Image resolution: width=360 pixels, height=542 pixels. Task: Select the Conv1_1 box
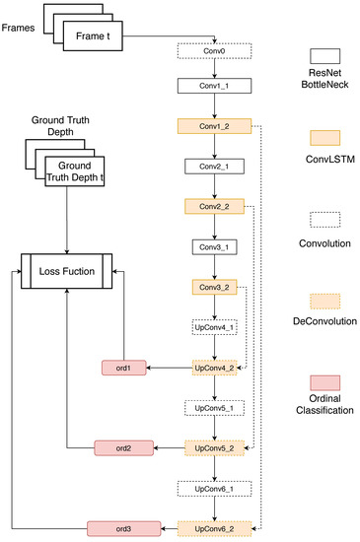pos(214,87)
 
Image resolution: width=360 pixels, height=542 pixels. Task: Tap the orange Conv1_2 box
pos(214,127)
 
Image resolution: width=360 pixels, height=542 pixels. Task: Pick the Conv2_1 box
pos(214,168)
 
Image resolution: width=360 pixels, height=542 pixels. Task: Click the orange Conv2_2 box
pos(214,207)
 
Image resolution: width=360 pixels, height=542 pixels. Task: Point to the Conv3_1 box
pos(214,247)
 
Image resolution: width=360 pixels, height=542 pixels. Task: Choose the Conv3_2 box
pos(214,287)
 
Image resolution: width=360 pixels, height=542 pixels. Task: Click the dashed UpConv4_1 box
pos(214,327)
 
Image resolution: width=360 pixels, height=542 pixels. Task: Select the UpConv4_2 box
pos(214,368)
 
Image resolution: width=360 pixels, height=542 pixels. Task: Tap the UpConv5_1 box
pos(214,407)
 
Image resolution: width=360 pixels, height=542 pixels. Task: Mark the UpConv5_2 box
pos(214,447)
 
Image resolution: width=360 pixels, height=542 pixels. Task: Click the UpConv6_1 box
pos(214,488)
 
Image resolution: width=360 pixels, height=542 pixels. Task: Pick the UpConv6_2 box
pos(214,527)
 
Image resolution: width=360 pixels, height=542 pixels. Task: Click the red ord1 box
pos(124,368)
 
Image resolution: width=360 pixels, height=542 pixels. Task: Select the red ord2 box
pos(124,447)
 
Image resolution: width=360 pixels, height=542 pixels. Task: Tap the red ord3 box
pos(124,527)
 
